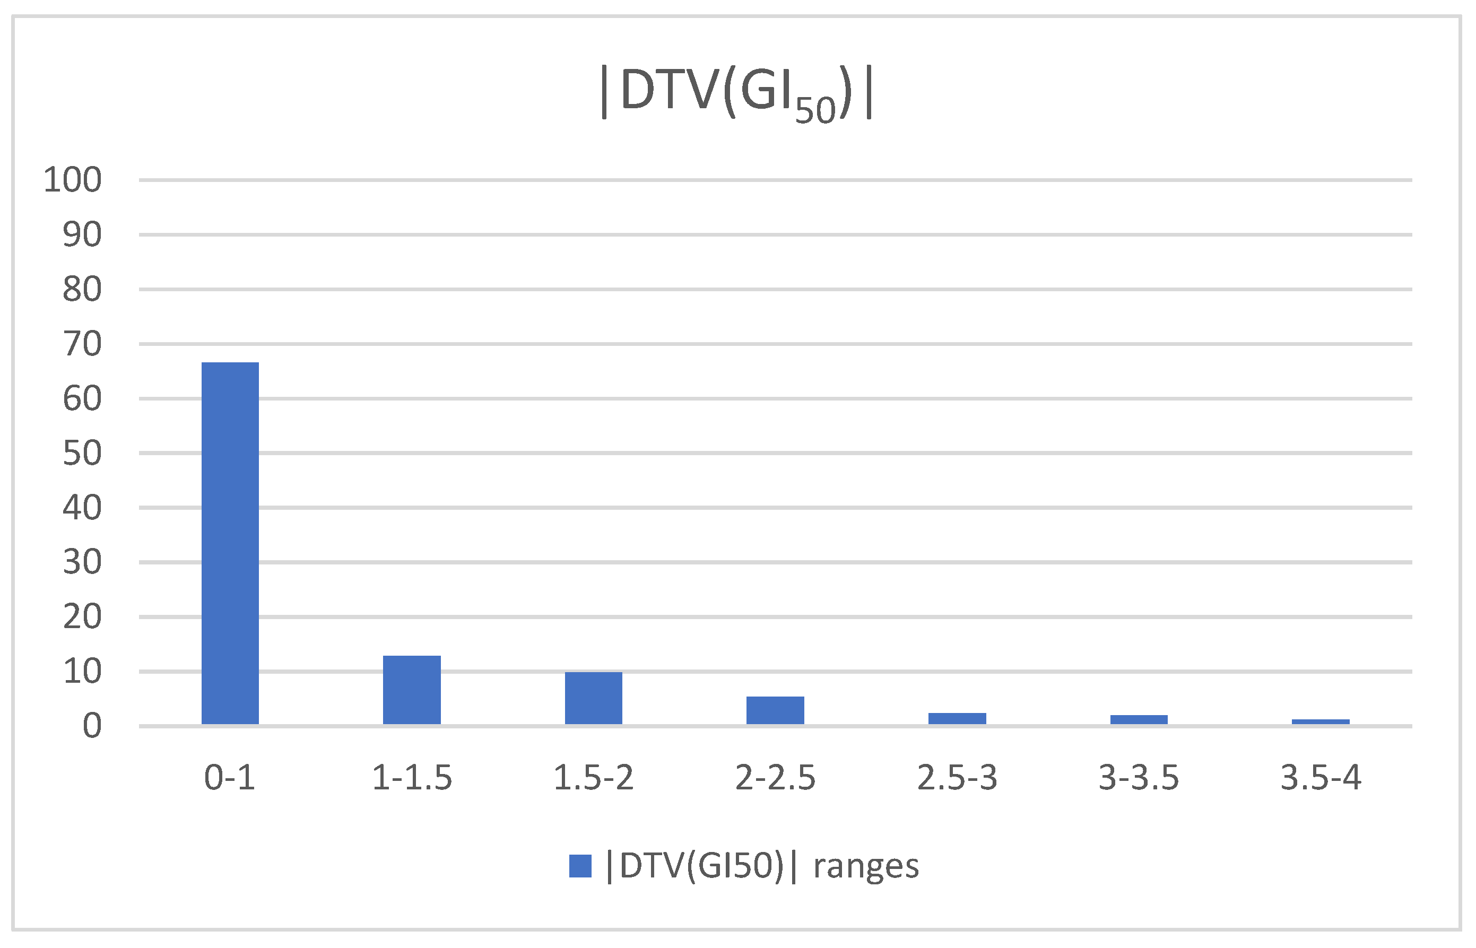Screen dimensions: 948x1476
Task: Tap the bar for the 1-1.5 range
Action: coord(412,690)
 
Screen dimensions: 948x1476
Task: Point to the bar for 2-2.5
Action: coord(775,710)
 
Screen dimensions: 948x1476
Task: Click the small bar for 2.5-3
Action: coord(957,718)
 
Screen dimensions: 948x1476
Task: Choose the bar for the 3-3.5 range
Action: coord(1139,719)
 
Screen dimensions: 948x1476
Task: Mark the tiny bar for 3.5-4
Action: coord(1321,721)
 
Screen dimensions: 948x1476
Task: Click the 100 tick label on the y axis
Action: coord(73,180)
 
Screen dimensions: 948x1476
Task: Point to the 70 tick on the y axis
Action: coord(82,344)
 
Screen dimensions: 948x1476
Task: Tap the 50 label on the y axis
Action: coord(82,454)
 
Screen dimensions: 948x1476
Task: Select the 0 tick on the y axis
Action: coord(92,726)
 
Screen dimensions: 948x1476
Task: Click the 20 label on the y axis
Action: coord(82,617)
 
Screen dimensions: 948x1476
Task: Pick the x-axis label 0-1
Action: coord(230,778)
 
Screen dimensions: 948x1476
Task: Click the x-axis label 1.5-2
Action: coord(593,778)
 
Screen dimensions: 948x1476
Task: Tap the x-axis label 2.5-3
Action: coord(957,778)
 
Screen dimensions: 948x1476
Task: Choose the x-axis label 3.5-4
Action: coord(1321,778)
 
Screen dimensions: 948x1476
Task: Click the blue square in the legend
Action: coord(580,866)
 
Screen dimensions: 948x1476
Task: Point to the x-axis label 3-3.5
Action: coord(1139,778)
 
